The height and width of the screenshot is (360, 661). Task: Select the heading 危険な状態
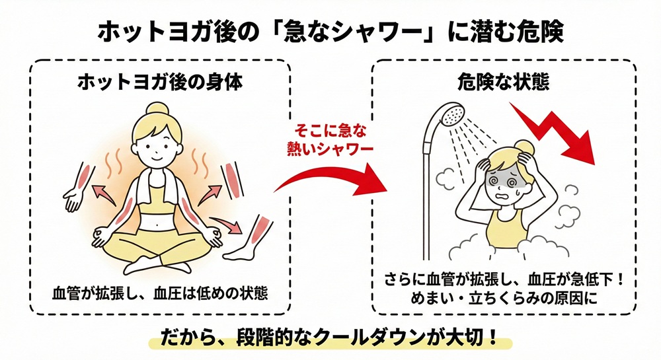point(504,82)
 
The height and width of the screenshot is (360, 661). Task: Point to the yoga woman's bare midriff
point(157,216)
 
